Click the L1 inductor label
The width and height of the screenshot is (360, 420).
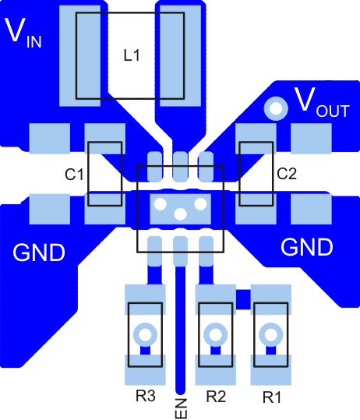131,55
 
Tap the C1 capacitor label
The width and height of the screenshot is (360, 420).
74,175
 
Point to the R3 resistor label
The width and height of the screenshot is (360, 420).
146,397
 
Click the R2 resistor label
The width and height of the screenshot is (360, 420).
216,397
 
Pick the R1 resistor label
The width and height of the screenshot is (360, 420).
271,397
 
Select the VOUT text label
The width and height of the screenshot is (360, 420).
320,102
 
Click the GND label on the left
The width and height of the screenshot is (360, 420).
39,252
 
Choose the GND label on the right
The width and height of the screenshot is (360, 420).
306,248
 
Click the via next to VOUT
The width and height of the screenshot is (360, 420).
274,108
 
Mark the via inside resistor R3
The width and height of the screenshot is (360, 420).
145,334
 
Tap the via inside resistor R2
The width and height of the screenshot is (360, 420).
215,334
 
